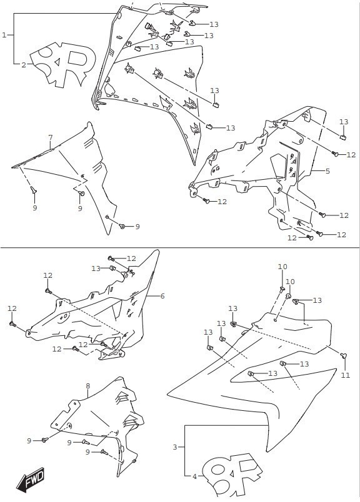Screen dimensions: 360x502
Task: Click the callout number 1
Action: tap(4, 35)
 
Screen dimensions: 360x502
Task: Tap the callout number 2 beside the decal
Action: tap(24, 65)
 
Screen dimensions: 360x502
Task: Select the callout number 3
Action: tap(175, 446)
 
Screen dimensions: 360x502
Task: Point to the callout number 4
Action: tap(194, 476)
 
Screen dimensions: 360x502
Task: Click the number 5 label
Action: tap(327, 171)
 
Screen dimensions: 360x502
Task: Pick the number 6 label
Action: tap(162, 296)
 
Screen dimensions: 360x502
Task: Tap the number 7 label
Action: tap(51, 137)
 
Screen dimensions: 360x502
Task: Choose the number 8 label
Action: tap(88, 386)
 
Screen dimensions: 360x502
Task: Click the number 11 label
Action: tap(346, 375)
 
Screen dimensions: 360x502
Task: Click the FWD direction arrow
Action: tap(30, 480)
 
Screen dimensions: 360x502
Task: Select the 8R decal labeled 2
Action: tap(64, 64)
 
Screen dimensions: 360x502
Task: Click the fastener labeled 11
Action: tap(344, 355)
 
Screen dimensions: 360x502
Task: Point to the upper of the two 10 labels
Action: tap(282, 267)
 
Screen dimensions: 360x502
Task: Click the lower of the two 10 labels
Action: tap(290, 282)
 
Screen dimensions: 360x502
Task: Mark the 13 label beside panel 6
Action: tap(96, 268)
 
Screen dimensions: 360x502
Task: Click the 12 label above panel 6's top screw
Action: tap(131, 258)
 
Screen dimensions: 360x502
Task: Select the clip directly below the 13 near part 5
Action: tap(343, 137)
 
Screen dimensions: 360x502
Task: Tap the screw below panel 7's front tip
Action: tap(34, 190)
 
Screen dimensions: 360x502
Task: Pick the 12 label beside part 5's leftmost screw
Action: tap(222, 202)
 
